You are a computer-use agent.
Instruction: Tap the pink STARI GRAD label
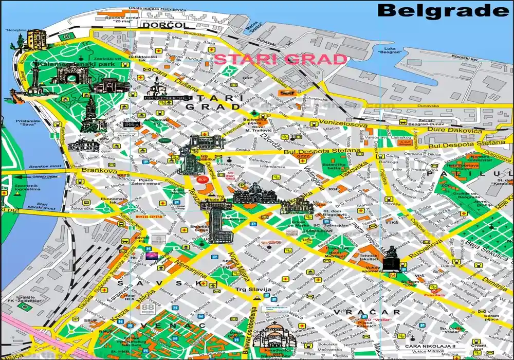tap(280, 59)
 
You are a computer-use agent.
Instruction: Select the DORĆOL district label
tap(159, 25)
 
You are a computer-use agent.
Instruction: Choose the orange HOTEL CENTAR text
tap(144, 218)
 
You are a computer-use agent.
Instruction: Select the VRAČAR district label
tap(366, 312)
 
